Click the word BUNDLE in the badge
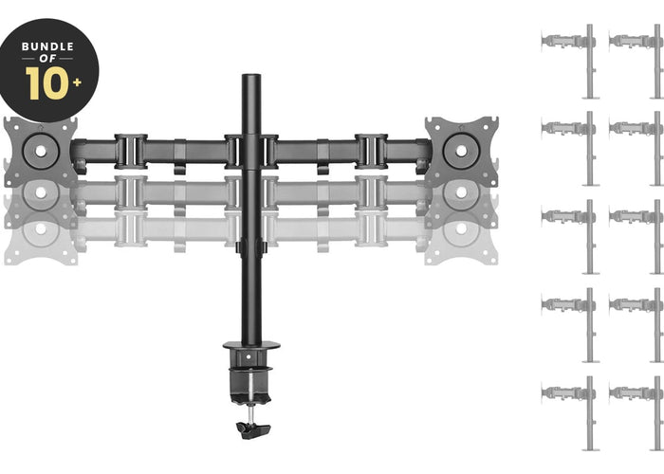coord(47,46)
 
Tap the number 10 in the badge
coord(46,83)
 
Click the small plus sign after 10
coord(77,82)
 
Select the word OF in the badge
coord(47,59)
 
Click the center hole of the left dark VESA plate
coord(41,151)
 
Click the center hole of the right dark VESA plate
coord(461,151)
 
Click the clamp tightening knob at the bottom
coord(253,430)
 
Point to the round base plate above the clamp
coord(251,345)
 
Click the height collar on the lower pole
coord(251,246)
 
